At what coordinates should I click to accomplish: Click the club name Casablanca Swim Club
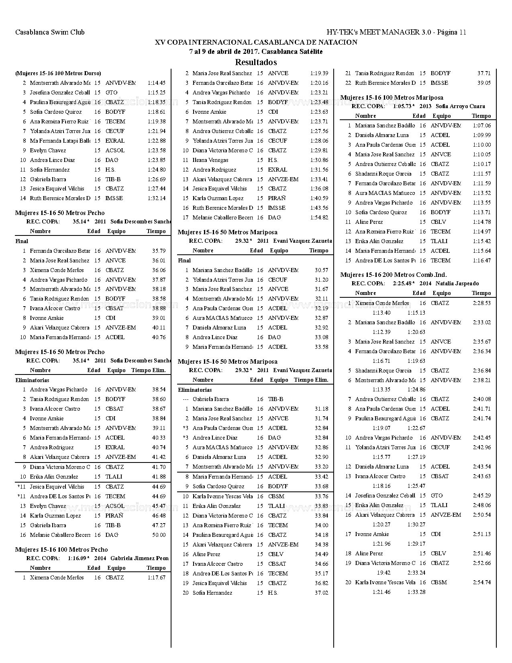click(x=50, y=32)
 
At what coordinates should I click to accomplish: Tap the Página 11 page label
click(x=451, y=32)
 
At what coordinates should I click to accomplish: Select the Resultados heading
click(x=256, y=62)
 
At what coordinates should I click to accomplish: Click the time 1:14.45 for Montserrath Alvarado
click(x=157, y=83)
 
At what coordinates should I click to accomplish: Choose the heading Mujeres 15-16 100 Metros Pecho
click(x=61, y=549)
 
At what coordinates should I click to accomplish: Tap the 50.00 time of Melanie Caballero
click(x=159, y=535)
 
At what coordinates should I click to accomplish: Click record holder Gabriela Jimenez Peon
click(x=139, y=558)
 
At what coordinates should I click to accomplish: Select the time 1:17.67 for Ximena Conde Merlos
click(x=157, y=577)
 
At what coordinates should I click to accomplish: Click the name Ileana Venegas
click(x=210, y=160)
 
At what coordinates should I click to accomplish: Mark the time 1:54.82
click(x=319, y=217)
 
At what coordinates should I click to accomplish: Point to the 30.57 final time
click(x=321, y=270)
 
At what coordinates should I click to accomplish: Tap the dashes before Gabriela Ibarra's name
click(x=186, y=399)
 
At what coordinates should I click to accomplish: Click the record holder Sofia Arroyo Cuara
click(x=460, y=106)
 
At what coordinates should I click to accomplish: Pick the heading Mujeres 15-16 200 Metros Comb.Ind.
click(x=394, y=275)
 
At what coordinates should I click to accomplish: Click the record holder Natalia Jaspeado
click(x=457, y=283)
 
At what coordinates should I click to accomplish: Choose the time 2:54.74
click(x=482, y=582)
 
